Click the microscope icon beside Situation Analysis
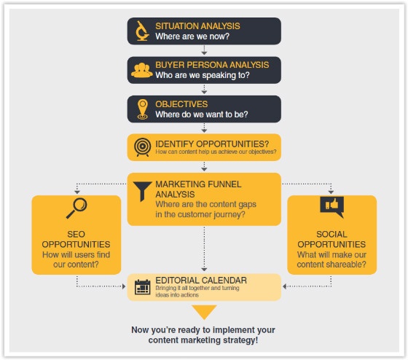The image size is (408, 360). pos(142,31)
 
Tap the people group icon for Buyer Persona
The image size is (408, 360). pos(142,70)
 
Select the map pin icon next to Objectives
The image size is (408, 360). pos(143,109)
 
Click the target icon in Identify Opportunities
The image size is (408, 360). pos(142,147)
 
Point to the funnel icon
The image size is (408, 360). pos(142,191)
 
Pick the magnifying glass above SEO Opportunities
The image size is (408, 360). pos(76,208)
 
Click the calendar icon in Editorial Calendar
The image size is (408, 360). pos(143,287)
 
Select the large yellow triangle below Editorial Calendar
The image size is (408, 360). pos(204,312)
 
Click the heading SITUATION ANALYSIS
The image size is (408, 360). pos(197,26)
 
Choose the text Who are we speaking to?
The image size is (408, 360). pos(203,75)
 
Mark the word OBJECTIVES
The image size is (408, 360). pos(181,104)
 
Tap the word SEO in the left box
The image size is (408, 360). pos(76,234)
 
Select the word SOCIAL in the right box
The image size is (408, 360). pos(331,234)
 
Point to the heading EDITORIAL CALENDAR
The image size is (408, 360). pos(201,281)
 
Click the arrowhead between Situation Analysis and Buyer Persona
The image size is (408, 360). pos(204,53)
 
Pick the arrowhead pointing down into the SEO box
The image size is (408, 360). pos(77,192)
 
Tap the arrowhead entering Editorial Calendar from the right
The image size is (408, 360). pos(284,286)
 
